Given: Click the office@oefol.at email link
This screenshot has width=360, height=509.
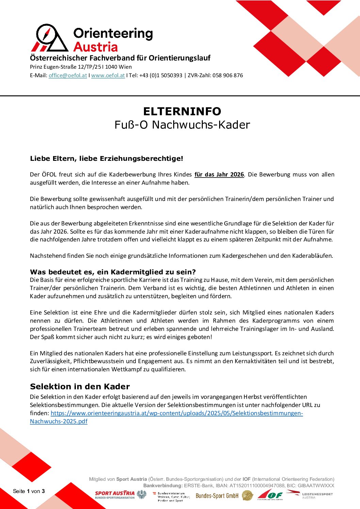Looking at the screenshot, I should tap(68, 75).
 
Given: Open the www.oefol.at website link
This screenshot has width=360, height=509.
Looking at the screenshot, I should tap(108, 75).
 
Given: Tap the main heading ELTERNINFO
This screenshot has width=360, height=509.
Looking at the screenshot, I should tap(182, 111).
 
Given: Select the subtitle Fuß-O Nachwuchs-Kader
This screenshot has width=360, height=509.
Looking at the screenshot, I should tap(182, 125).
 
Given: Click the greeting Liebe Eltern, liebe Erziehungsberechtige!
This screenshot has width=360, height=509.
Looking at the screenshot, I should tap(107, 158).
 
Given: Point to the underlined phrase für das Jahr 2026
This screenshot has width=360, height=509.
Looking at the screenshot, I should tap(219, 174).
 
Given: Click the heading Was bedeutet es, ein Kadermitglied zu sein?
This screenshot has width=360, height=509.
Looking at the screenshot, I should tap(113, 272).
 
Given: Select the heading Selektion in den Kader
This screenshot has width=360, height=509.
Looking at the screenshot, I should tap(80, 387).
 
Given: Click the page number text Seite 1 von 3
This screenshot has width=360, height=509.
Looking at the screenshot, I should tap(29, 491).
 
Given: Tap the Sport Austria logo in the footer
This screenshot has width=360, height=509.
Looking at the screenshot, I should tap(115, 495).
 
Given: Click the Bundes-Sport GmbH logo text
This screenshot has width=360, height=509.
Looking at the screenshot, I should tap(217, 496).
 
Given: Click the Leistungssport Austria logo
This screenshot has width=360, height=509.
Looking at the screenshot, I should tap(310, 495).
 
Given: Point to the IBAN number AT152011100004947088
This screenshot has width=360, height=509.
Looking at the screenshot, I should tap(257, 486).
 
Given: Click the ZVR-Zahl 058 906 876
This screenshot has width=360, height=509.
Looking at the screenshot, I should tap(228, 75).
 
